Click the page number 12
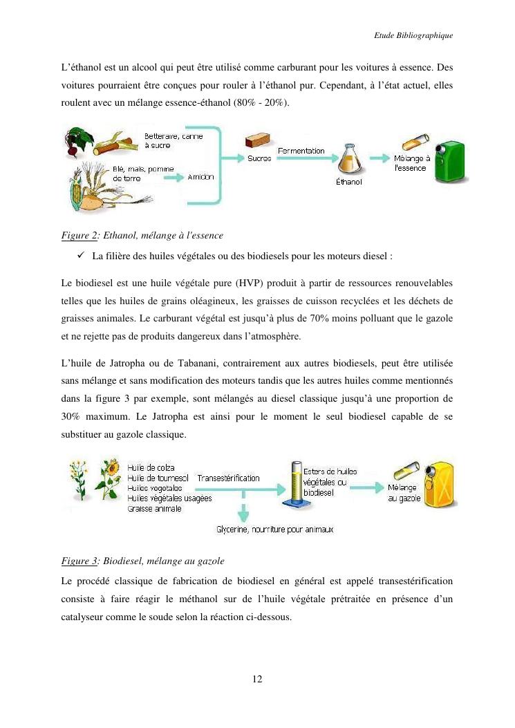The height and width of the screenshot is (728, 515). tap(257, 679)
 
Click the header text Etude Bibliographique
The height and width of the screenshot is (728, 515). tap(413, 35)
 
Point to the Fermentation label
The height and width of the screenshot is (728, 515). tap(301, 151)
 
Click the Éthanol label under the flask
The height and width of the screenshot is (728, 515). tap(348, 182)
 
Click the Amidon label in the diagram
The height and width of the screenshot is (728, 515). tap(200, 177)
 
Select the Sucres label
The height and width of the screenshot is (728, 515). tap(259, 158)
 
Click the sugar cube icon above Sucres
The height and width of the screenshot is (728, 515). tap(256, 141)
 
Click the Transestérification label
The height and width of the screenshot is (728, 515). tap(229, 478)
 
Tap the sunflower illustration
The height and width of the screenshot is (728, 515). tap(109, 477)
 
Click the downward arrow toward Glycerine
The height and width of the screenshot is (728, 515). tap(243, 512)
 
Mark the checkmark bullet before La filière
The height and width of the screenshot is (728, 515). tap(83, 256)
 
